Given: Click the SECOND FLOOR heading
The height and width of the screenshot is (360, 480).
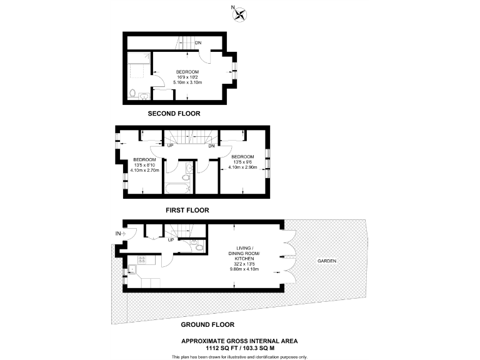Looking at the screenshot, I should point(174,114).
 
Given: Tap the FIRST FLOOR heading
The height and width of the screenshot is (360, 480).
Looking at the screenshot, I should point(187,211).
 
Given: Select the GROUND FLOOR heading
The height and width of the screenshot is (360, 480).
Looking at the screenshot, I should point(207,324).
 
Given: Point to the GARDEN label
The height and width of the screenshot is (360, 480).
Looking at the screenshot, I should point(327,261).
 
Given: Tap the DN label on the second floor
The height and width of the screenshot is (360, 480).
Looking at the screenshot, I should point(198,43).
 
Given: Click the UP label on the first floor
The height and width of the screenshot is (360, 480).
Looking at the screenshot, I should point(170,146).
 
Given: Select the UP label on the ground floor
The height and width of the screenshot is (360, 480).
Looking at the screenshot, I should point(170,239).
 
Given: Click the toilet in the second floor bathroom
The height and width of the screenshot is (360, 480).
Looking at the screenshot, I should point(132,94).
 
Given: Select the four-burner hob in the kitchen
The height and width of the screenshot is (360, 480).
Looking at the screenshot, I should point(142,259).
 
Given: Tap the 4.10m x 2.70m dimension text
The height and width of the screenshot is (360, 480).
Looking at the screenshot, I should point(145,170).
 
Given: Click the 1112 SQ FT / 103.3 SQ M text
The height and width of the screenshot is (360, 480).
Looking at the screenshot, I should point(239,347).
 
